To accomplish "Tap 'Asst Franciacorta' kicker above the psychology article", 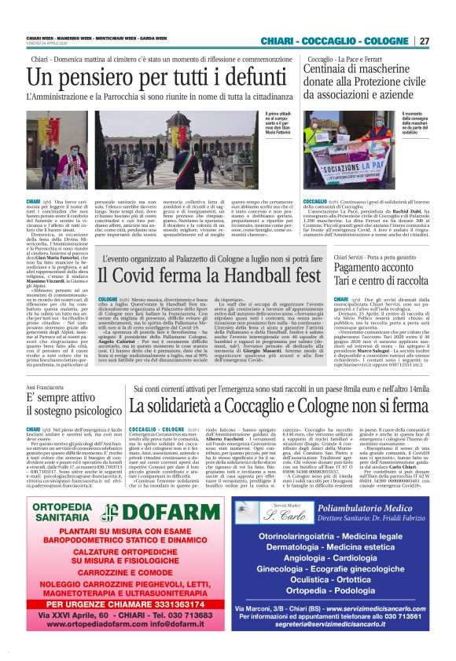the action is pos(45,388).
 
